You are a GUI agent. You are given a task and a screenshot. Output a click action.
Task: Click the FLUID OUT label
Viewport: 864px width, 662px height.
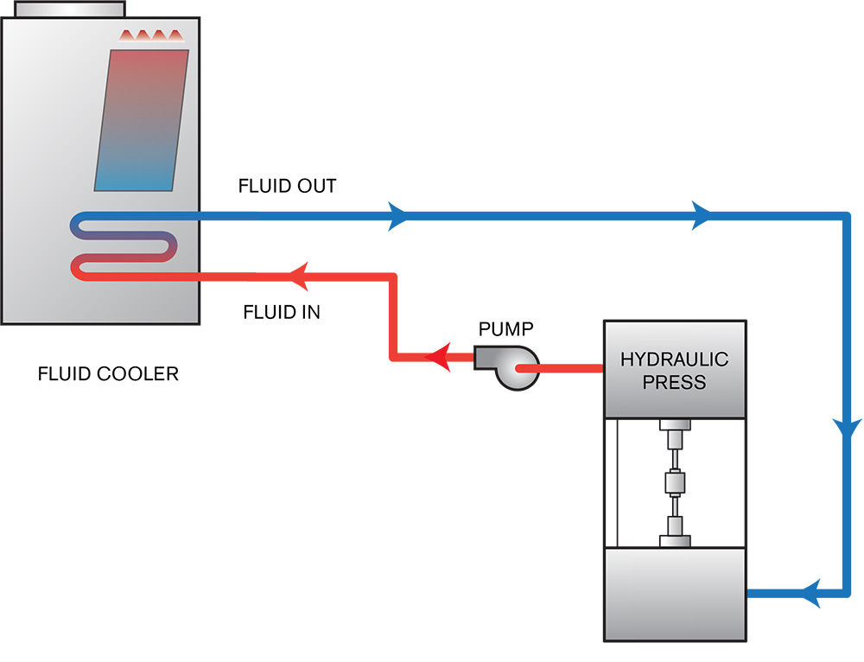[287, 186]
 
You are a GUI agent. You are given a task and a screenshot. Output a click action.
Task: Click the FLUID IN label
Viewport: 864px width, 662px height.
[282, 312]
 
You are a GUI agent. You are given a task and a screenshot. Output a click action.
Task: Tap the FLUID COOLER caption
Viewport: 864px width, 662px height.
[108, 374]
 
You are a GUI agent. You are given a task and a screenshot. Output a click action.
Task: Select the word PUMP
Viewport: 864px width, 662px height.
[506, 328]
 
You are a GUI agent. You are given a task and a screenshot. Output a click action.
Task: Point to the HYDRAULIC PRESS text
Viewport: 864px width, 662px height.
[674, 370]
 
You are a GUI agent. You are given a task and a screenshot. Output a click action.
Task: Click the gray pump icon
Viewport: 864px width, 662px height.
[510, 367]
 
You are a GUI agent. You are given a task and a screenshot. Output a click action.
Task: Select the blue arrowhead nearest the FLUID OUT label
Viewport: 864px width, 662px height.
[398, 214]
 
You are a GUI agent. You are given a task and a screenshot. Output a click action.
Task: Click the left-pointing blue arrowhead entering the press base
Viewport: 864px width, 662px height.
[810, 594]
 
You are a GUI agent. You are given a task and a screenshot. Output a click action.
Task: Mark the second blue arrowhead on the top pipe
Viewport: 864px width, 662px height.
[701, 214]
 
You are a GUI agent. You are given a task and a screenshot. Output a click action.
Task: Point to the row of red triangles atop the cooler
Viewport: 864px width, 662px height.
[152, 36]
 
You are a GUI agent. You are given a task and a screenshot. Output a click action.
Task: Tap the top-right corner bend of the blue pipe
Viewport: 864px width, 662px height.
[844, 215]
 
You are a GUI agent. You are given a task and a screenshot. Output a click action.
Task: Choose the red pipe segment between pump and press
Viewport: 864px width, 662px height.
[566, 368]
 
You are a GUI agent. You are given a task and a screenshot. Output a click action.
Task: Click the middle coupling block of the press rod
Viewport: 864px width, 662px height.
[674, 482]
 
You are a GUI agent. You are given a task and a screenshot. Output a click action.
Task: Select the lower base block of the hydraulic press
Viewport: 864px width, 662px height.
[674, 595]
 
